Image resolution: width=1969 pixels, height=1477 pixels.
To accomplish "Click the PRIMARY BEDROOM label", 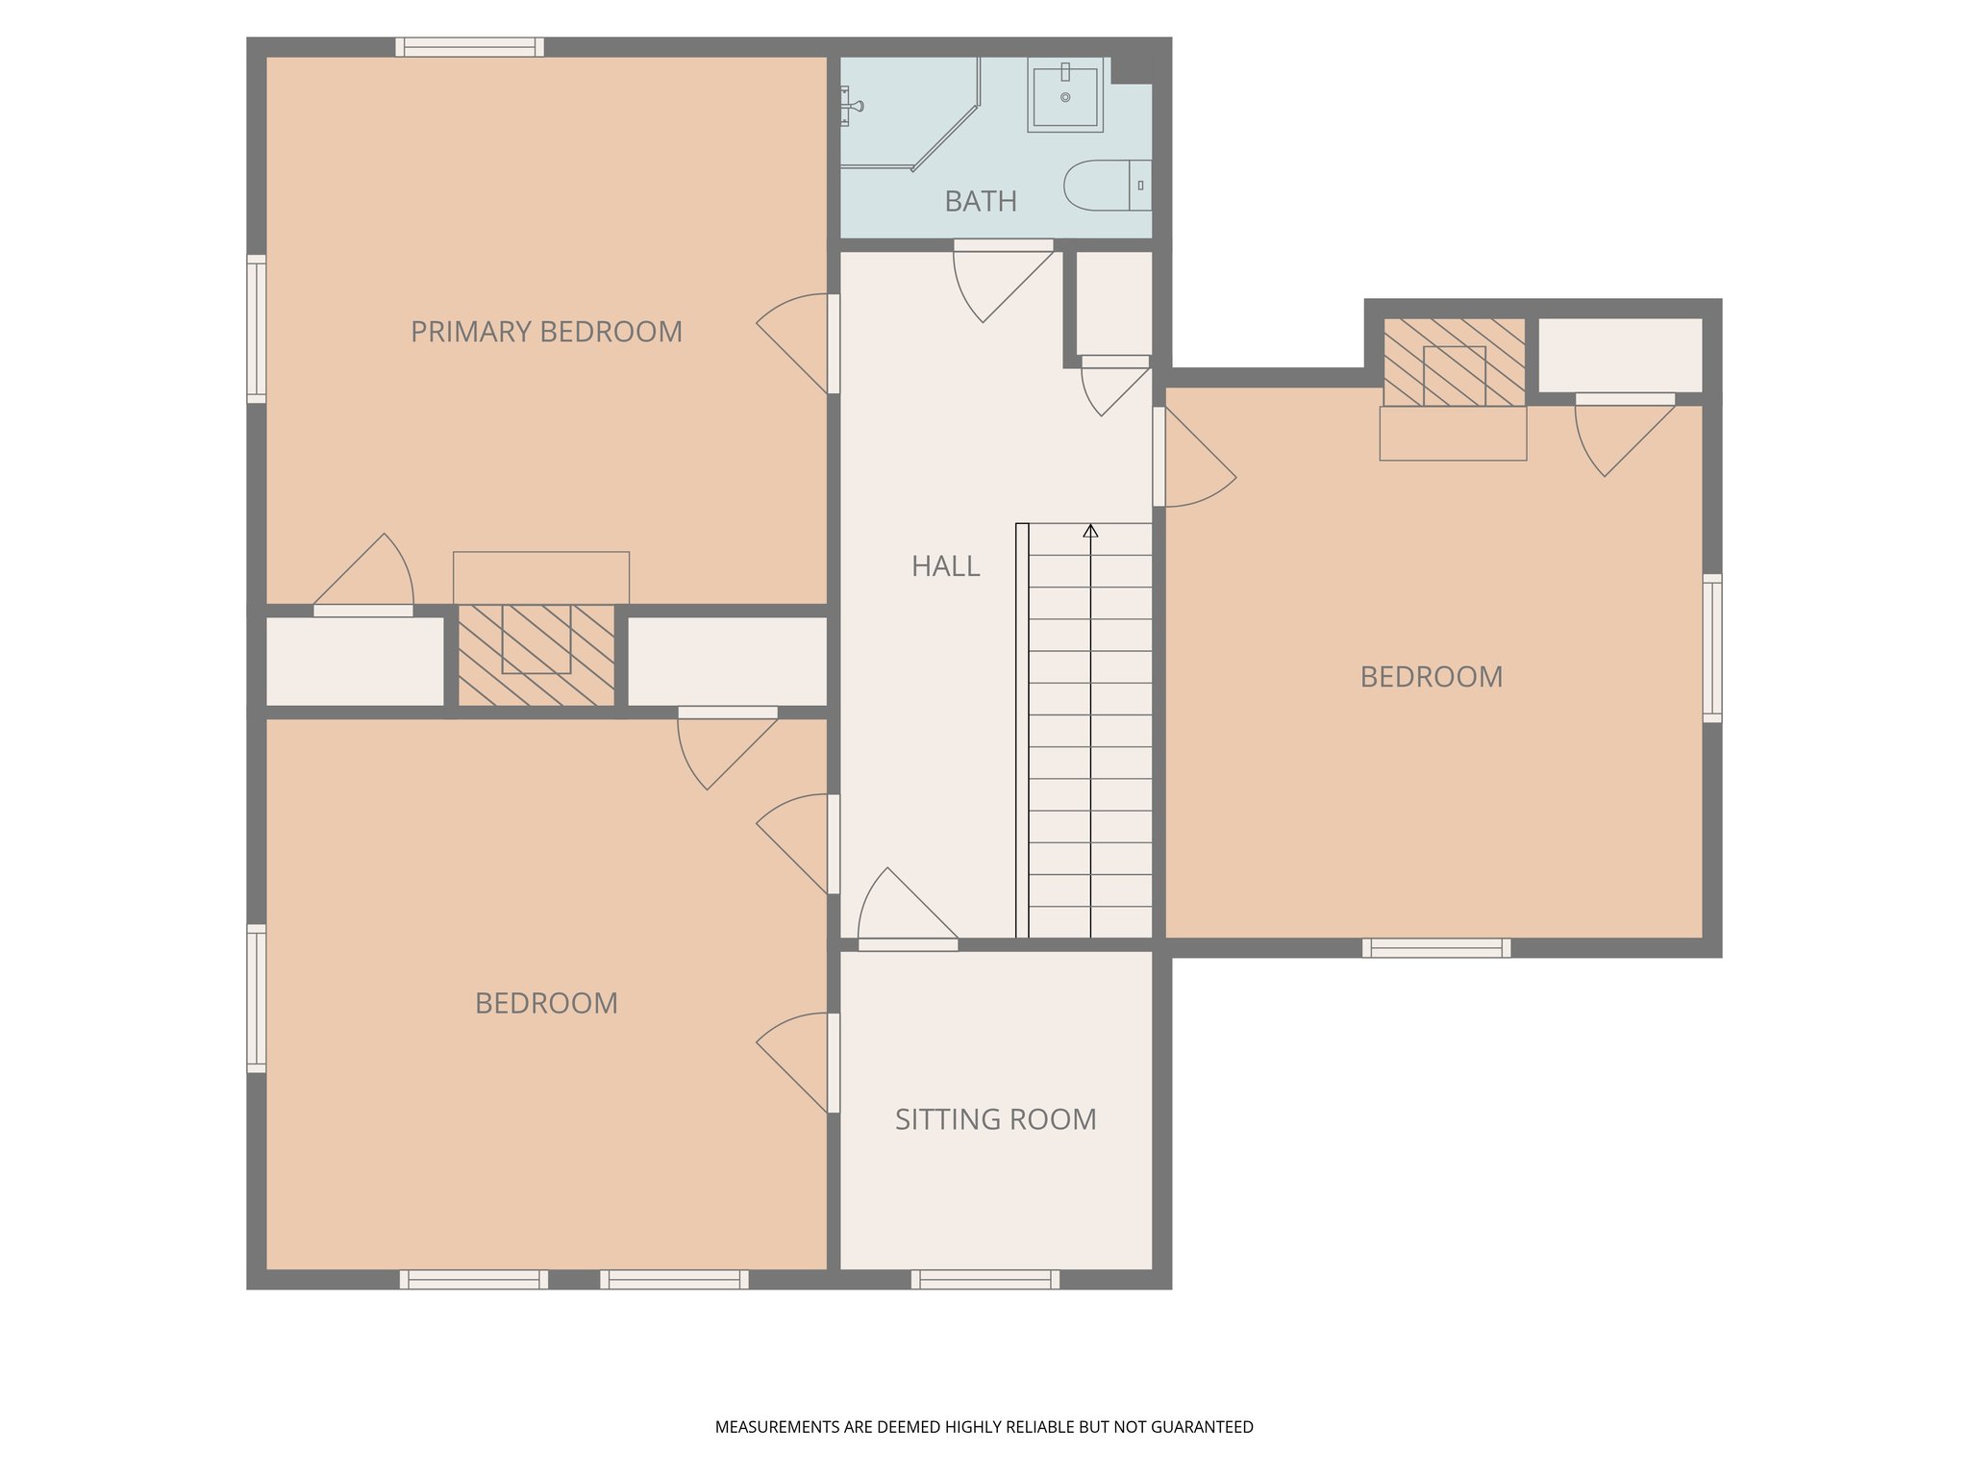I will point(546,332).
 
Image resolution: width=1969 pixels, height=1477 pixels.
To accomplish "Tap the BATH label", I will point(980,201).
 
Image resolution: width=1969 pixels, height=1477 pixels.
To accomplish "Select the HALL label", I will point(945,566).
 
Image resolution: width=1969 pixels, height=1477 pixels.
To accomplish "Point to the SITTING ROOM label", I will point(995,1119).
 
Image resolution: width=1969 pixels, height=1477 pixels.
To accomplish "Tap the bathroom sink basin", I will point(1065,95).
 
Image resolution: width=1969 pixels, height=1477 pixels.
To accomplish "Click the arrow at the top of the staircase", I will point(1090,531).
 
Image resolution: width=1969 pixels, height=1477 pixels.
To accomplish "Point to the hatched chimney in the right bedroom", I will point(1454,363).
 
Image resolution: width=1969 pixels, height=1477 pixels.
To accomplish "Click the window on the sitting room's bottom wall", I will point(984,1279).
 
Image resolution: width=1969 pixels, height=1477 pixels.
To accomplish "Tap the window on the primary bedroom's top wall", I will point(469,47).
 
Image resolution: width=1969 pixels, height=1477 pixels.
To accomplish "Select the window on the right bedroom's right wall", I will point(1711,647).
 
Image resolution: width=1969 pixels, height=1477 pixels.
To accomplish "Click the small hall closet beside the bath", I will point(1113,303).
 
